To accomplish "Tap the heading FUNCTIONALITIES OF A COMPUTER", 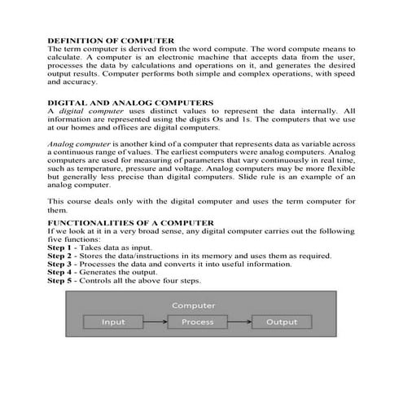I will coord(130,222).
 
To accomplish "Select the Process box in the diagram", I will coord(197,322).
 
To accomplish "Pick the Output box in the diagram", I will coord(282,322).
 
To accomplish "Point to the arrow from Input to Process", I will coord(154,322).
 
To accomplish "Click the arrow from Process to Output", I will coord(239,322).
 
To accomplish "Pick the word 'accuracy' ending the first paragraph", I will coord(81,82).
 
